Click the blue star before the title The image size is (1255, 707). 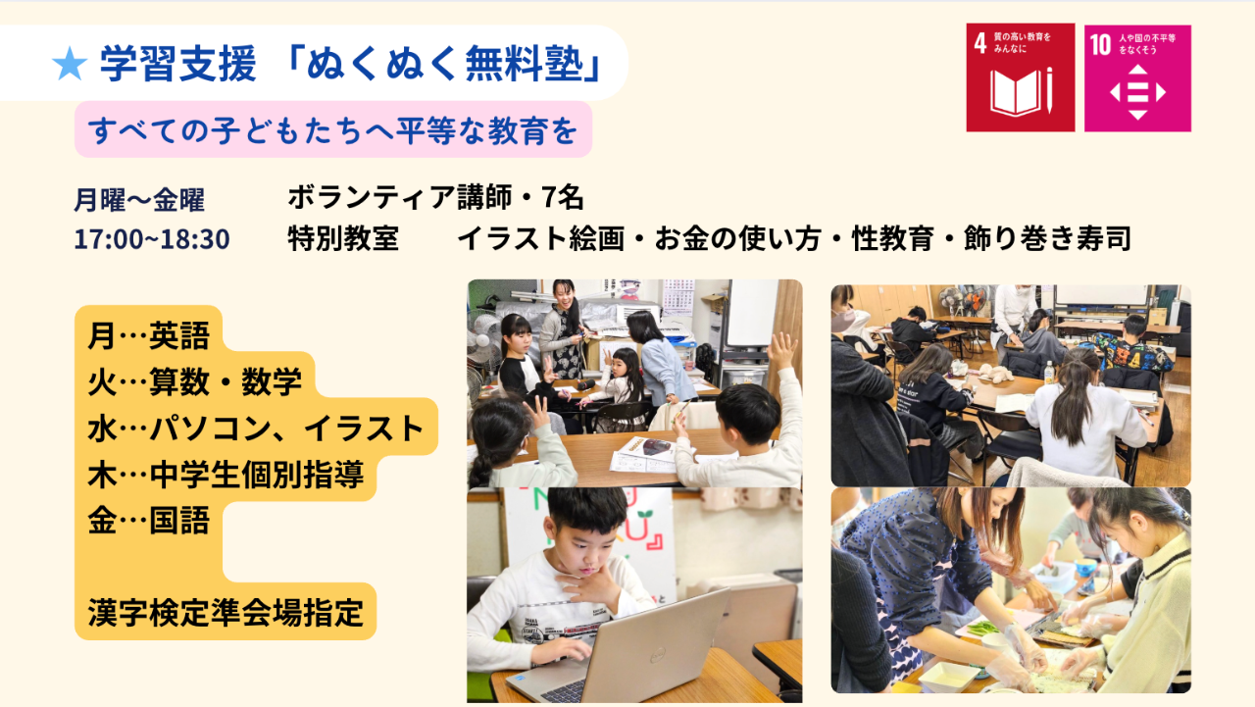pos(70,64)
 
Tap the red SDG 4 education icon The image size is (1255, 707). pos(1021,77)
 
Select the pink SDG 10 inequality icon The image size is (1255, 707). pos(1137,77)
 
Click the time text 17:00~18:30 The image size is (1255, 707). pos(152,239)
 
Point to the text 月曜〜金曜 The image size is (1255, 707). pos(139,200)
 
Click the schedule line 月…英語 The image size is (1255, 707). pos(148,335)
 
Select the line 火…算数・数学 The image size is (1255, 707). pos(194,382)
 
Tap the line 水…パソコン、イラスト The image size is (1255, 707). pos(255,429)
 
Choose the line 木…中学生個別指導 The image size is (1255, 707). pos(226,475)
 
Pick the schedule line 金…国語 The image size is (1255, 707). pos(148,521)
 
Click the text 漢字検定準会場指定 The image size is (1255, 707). pos(226,612)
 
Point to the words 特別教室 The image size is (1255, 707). pos(343,238)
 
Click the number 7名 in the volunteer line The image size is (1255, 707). pos(563,197)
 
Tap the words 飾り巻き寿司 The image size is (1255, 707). pos(1047,238)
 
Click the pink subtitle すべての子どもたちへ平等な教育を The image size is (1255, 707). pos(332,130)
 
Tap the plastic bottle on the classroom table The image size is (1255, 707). pos(1049,372)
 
